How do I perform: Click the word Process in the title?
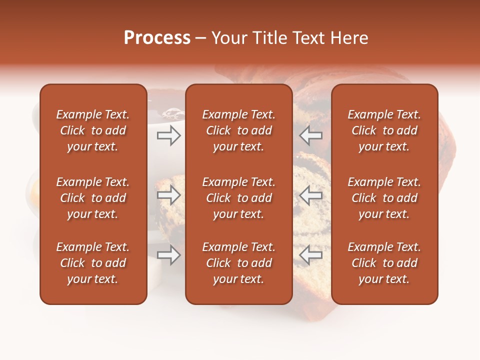coord(157,38)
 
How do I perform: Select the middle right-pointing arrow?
coord(168,195)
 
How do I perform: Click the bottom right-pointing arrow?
coord(168,255)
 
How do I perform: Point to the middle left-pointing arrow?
coord(310,195)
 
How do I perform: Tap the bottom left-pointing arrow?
coord(310,255)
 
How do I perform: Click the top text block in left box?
coord(93,130)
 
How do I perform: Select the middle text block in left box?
coord(93,198)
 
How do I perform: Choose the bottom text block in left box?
coord(93,263)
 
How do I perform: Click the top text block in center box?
coord(238,130)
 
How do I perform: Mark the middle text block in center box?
coord(238,198)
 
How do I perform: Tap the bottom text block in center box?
coord(238,263)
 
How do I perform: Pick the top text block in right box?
coord(384,130)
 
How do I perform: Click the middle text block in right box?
coord(384,198)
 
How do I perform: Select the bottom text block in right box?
coord(384,263)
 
